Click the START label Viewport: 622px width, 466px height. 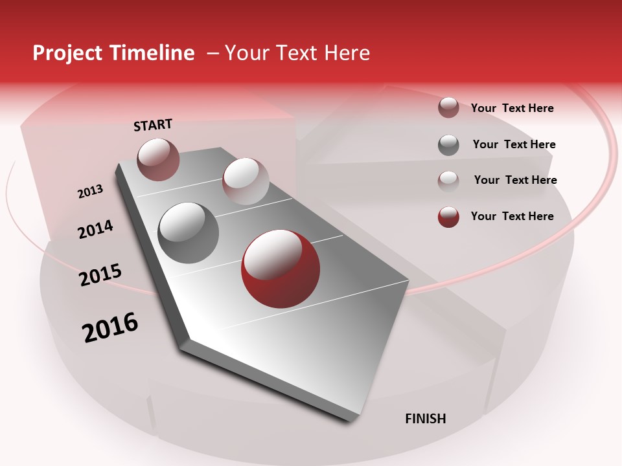pyautogui.click(x=153, y=125)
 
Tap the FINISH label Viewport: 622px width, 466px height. pyautogui.click(x=425, y=419)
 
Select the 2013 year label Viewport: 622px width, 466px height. pyautogui.click(x=90, y=192)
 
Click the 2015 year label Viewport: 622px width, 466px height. pyautogui.click(x=100, y=275)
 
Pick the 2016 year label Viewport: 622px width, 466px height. pyautogui.click(x=110, y=327)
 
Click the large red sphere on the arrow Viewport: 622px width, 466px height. pyautogui.click(x=280, y=269)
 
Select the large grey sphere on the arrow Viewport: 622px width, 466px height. pyautogui.click(x=189, y=232)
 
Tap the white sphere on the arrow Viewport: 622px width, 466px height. pyautogui.click(x=246, y=181)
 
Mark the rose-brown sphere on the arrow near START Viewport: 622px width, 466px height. pyautogui.click(x=159, y=159)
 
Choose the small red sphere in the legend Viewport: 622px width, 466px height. pyautogui.click(x=448, y=217)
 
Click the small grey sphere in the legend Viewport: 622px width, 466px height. pyautogui.click(x=448, y=145)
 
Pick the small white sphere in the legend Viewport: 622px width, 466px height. pyautogui.click(x=448, y=181)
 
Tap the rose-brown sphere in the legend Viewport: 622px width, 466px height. pyautogui.click(x=448, y=107)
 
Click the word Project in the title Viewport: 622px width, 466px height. pyautogui.click(x=68, y=53)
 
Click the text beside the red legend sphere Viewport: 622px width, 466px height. pyautogui.click(x=512, y=216)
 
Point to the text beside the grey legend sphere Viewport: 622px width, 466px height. pyautogui.click(x=514, y=144)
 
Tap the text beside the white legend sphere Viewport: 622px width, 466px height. pyautogui.click(x=515, y=180)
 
